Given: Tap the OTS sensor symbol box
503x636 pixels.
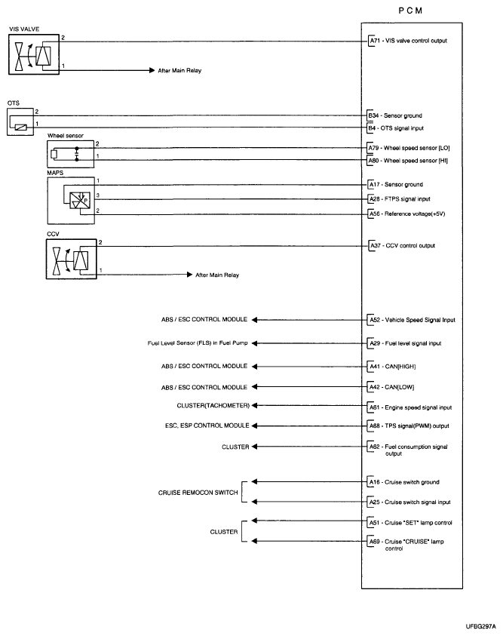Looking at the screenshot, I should tap(20, 122).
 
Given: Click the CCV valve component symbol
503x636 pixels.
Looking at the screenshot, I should tap(70, 260).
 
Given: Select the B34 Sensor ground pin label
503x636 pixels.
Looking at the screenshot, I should tap(392, 116).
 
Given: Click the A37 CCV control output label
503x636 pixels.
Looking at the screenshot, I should tap(401, 245).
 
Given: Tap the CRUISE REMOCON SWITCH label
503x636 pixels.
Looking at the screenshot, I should tap(198, 492).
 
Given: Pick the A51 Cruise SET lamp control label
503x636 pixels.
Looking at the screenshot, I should tap(408, 522).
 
